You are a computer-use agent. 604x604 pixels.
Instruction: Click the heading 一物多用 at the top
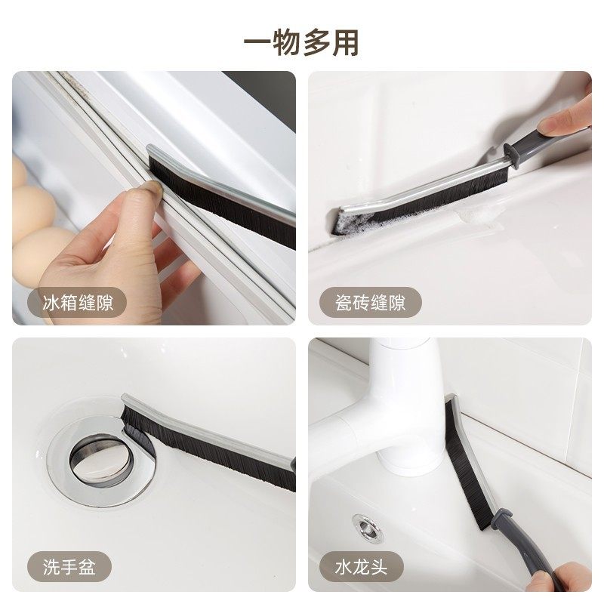(x=301, y=42)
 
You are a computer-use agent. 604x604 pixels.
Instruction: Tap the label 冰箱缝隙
(x=73, y=304)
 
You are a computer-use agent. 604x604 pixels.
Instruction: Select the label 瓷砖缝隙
(x=370, y=304)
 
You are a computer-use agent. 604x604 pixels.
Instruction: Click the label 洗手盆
(x=63, y=565)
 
